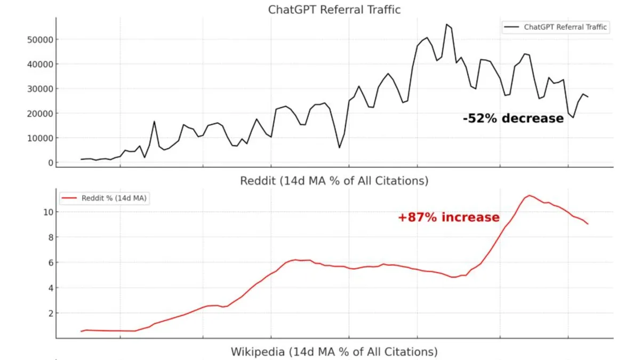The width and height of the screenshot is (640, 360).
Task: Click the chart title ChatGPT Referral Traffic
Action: tap(334, 10)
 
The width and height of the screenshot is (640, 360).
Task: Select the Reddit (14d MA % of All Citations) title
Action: tap(334, 181)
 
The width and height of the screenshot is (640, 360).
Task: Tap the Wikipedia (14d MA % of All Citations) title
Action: tap(334, 352)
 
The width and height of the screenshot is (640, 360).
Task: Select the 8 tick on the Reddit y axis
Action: tap(48, 237)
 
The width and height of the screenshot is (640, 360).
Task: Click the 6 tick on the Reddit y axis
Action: tap(48, 262)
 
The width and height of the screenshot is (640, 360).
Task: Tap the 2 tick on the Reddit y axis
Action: tap(48, 313)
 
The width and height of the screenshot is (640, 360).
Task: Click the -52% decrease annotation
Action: tap(513, 118)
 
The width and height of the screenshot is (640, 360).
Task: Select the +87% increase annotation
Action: tap(449, 218)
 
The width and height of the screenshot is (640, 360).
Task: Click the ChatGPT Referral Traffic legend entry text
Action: tap(565, 27)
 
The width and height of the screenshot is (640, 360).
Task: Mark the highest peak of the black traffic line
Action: tap(447, 24)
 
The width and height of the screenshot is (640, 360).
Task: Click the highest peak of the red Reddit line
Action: tap(529, 195)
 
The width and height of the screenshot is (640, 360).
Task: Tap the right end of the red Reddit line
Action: tap(588, 224)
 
